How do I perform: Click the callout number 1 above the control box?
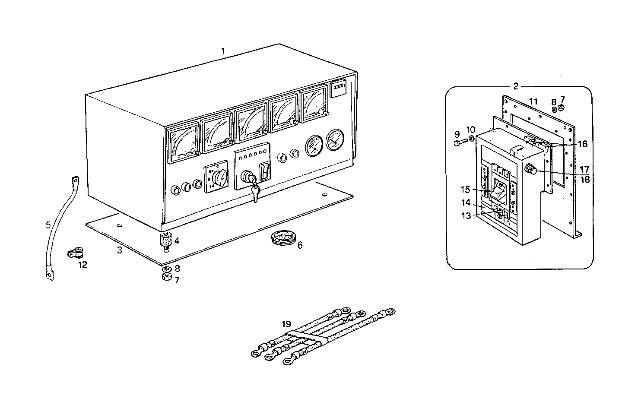[223, 51]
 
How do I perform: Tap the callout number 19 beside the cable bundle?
[286, 323]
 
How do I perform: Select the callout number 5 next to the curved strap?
[48, 225]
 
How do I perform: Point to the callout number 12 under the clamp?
[82, 265]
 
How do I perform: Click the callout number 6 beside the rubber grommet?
[300, 245]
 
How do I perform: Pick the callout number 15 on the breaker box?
[465, 189]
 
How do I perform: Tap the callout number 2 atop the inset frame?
[516, 86]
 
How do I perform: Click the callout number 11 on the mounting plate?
[533, 101]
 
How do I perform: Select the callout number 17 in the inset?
[584, 169]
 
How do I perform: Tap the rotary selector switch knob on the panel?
[218, 177]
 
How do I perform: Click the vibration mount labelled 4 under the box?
[166, 239]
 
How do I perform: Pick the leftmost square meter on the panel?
[183, 143]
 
